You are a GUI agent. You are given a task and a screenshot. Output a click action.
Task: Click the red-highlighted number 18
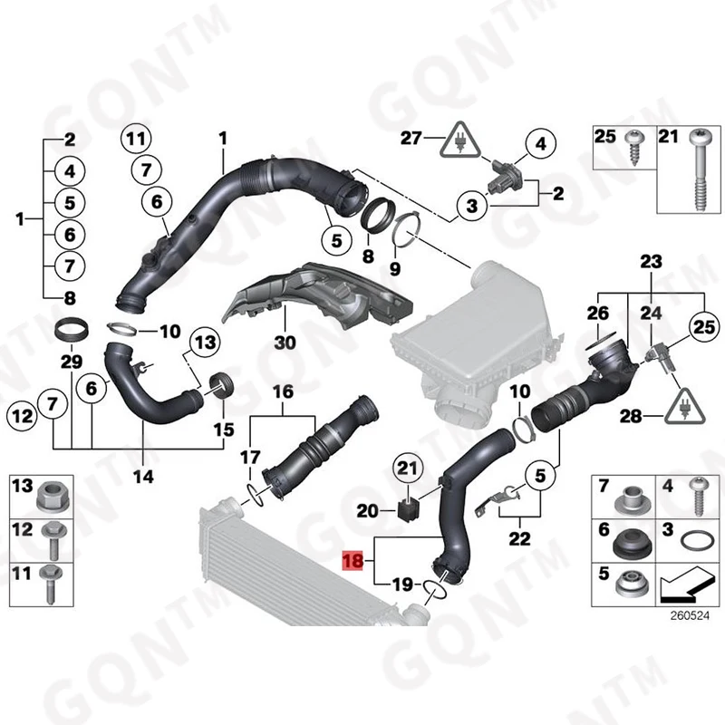352,562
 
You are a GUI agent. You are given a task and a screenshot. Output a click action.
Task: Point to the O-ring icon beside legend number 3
694,540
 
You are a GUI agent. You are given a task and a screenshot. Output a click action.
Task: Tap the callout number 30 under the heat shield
285,343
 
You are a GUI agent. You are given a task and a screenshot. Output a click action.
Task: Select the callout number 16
283,391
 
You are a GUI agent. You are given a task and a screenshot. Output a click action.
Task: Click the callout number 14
143,475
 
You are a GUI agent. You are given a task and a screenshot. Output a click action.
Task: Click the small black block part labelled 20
407,511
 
